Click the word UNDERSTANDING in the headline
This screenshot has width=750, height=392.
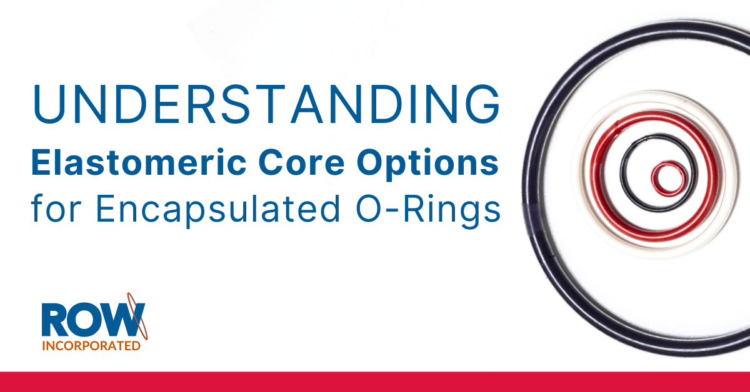pyautogui.click(x=266, y=104)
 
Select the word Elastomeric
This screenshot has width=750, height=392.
pyautogui.click(x=139, y=162)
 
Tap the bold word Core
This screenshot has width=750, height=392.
pyautogui.click(x=301, y=162)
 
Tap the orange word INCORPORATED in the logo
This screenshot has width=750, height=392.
pyautogui.click(x=91, y=346)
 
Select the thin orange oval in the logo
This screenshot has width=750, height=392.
pyautogui.click(x=137, y=316)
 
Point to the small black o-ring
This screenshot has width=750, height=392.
pyautogui.click(x=622, y=174)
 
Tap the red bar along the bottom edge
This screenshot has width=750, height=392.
pyautogui.click(x=375, y=381)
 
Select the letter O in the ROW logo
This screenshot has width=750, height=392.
pyautogui.click(x=86, y=320)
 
